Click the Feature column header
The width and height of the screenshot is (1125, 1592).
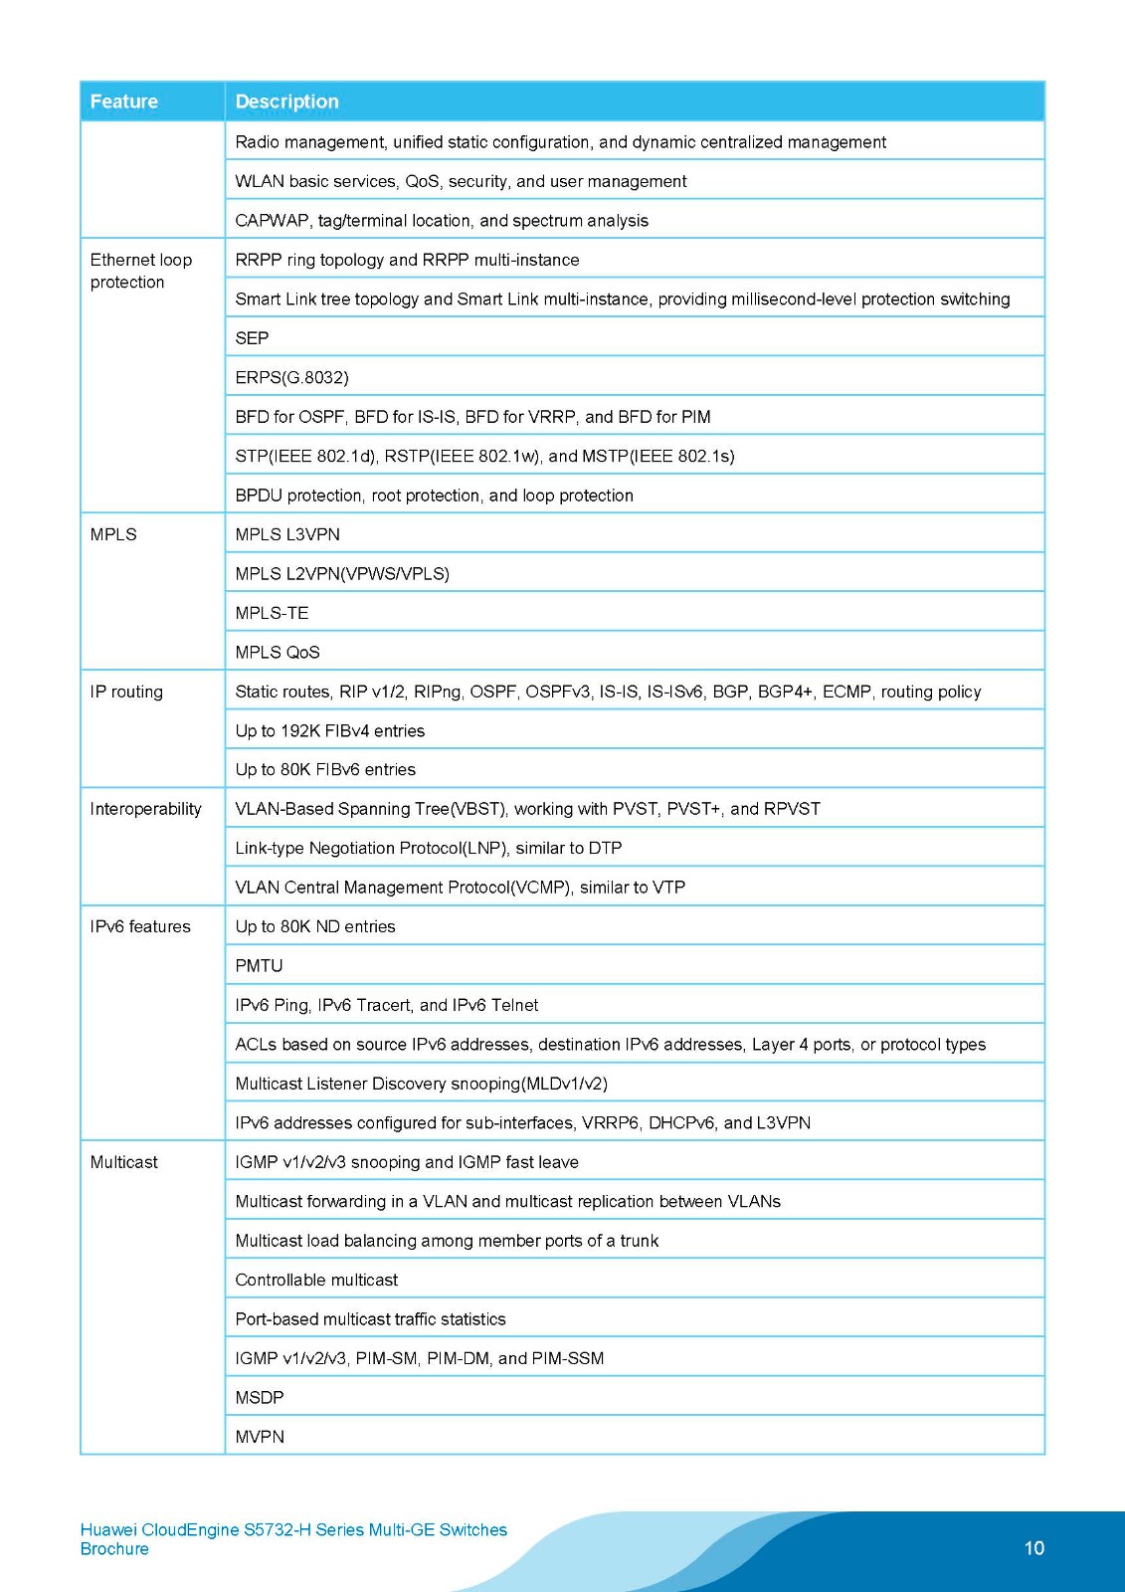[124, 101]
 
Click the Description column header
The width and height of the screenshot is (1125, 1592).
[286, 101]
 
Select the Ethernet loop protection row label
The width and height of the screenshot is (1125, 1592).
[140, 271]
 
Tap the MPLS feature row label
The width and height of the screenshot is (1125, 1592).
[113, 534]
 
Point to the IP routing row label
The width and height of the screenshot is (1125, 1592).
[126, 692]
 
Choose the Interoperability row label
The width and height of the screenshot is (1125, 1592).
[145, 809]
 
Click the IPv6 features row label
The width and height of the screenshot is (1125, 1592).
[140, 926]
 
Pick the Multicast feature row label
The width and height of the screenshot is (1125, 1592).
[123, 1162]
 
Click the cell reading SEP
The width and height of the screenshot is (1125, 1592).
[252, 338]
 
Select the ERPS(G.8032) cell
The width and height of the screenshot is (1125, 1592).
[291, 377]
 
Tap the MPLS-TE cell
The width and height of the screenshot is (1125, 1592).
[272, 613]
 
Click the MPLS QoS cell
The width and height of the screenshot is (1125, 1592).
[278, 653]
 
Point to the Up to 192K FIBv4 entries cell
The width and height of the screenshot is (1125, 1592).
[329, 731]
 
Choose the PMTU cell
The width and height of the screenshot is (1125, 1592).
[259, 966]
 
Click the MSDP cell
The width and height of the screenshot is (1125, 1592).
[260, 1398]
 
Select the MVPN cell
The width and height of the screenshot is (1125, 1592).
[260, 1437]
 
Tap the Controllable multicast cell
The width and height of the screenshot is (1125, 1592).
[316, 1280]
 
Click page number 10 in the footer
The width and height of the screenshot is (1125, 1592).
[1033, 1548]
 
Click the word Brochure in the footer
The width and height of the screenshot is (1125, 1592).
[114, 1549]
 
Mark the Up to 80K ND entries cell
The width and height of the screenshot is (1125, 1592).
[315, 926]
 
